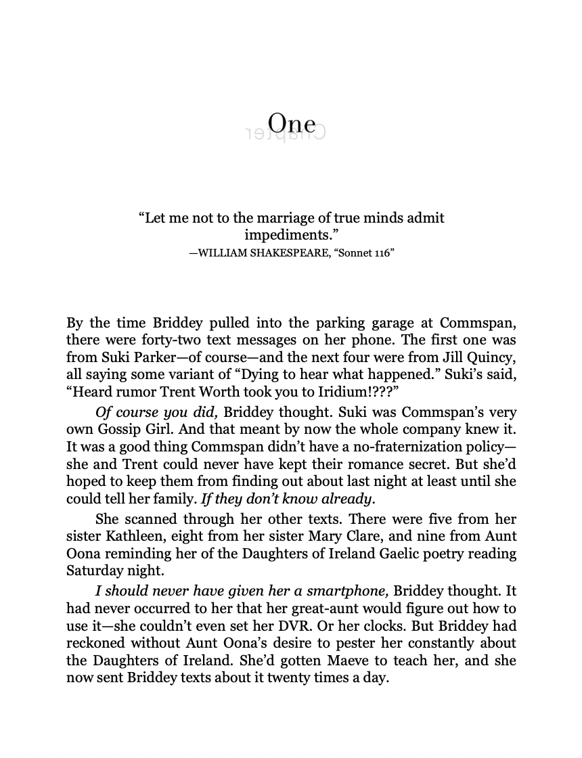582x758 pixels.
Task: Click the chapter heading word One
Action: (292, 123)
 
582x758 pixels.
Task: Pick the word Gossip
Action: (122, 429)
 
